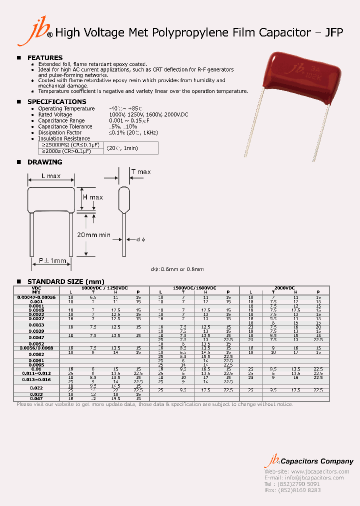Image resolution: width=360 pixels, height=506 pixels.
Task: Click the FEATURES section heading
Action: tap(44, 57)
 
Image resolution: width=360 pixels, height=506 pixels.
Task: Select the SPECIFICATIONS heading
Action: tap(56, 101)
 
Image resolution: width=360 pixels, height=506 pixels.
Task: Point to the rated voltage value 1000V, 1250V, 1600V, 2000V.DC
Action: tap(148, 114)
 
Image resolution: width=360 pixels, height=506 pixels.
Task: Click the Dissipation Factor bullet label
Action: tap(59, 132)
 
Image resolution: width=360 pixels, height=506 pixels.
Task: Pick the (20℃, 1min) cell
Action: tap(123, 148)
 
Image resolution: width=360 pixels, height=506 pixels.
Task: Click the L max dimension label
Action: tap(51, 176)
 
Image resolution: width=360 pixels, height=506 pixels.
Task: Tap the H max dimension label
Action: tap(92, 197)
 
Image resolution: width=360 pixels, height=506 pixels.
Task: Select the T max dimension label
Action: tap(140, 172)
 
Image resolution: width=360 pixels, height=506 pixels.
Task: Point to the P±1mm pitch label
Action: tap(52, 261)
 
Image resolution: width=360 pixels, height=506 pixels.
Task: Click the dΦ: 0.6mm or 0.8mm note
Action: tap(177, 269)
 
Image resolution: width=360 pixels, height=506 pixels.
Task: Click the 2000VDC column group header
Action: tap(284, 288)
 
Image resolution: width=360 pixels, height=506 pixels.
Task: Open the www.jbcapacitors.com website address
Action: tap(319, 471)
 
